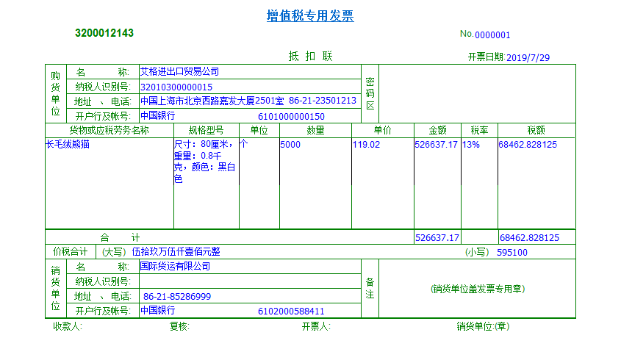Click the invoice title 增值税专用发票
[309, 16]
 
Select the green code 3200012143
[104, 33]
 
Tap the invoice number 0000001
[492, 35]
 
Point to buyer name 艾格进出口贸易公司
[179, 72]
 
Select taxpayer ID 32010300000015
[176, 87]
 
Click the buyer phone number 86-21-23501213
[323, 101]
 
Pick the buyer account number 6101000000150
[291, 116]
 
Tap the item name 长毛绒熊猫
[68, 145]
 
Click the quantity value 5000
[290, 145]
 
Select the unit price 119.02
[367, 145]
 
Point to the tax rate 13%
[471, 145]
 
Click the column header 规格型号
[207, 130]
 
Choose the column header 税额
[536, 130]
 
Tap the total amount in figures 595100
[511, 252]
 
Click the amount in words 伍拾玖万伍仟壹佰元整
[176, 252]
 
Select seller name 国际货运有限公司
[175, 266]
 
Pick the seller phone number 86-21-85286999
[177, 296]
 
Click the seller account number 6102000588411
[291, 311]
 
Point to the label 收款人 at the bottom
[67, 327]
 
